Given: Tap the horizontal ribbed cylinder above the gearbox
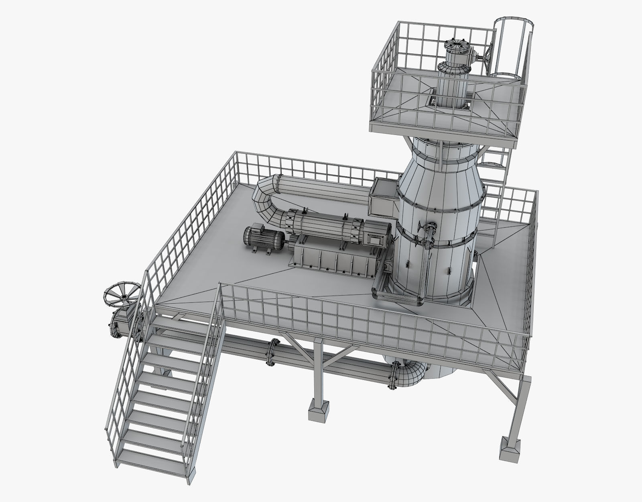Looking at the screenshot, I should point(321,227).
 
